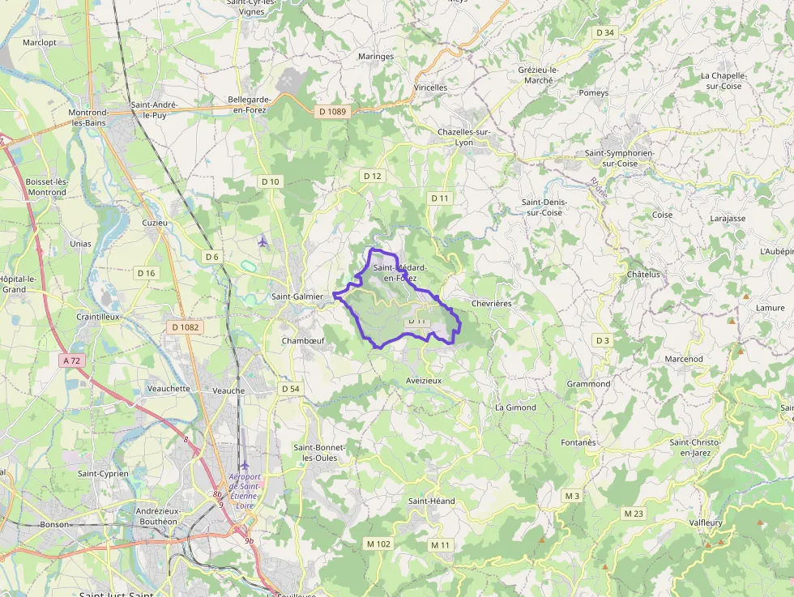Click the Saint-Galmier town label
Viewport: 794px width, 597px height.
pyautogui.click(x=297, y=296)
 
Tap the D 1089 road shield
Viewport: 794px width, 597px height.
pyautogui.click(x=332, y=112)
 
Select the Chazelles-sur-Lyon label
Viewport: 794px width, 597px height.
pyautogui.click(x=464, y=137)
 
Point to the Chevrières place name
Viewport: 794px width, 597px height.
pyautogui.click(x=491, y=304)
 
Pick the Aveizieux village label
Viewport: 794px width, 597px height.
pyautogui.click(x=424, y=380)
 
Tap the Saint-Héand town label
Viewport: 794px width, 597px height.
pyautogui.click(x=432, y=501)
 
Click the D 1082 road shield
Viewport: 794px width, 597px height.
pyautogui.click(x=186, y=327)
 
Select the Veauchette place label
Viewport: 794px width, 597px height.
pyautogui.click(x=169, y=389)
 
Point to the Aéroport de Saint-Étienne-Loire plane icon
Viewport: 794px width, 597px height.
pyautogui.click(x=245, y=465)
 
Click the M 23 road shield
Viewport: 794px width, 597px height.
pyautogui.click(x=634, y=514)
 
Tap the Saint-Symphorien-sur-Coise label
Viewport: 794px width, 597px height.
pyautogui.click(x=619, y=158)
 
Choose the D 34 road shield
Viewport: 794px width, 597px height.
pyautogui.click(x=604, y=32)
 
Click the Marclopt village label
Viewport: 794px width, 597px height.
pyautogui.click(x=40, y=42)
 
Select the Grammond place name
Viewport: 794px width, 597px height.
pyautogui.click(x=589, y=384)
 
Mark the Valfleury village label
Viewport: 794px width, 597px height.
pyautogui.click(x=705, y=523)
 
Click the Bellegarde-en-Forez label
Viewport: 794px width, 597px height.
pyautogui.click(x=247, y=104)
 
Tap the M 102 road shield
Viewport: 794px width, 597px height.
pyautogui.click(x=378, y=544)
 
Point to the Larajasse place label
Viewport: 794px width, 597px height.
pyautogui.click(x=728, y=219)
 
